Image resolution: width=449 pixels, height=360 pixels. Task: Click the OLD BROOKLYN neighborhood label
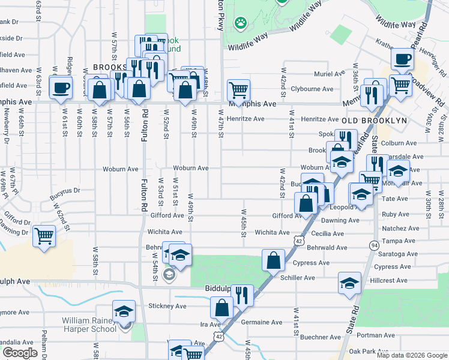coord(374,121)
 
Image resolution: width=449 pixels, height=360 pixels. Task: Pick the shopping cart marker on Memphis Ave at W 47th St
coord(238,91)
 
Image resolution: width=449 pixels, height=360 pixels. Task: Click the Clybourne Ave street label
coord(312,89)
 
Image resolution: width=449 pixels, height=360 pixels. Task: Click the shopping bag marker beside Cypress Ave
coord(273,260)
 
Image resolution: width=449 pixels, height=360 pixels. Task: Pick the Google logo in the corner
coord(20,353)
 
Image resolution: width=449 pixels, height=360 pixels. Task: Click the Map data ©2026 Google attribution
coord(411,355)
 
